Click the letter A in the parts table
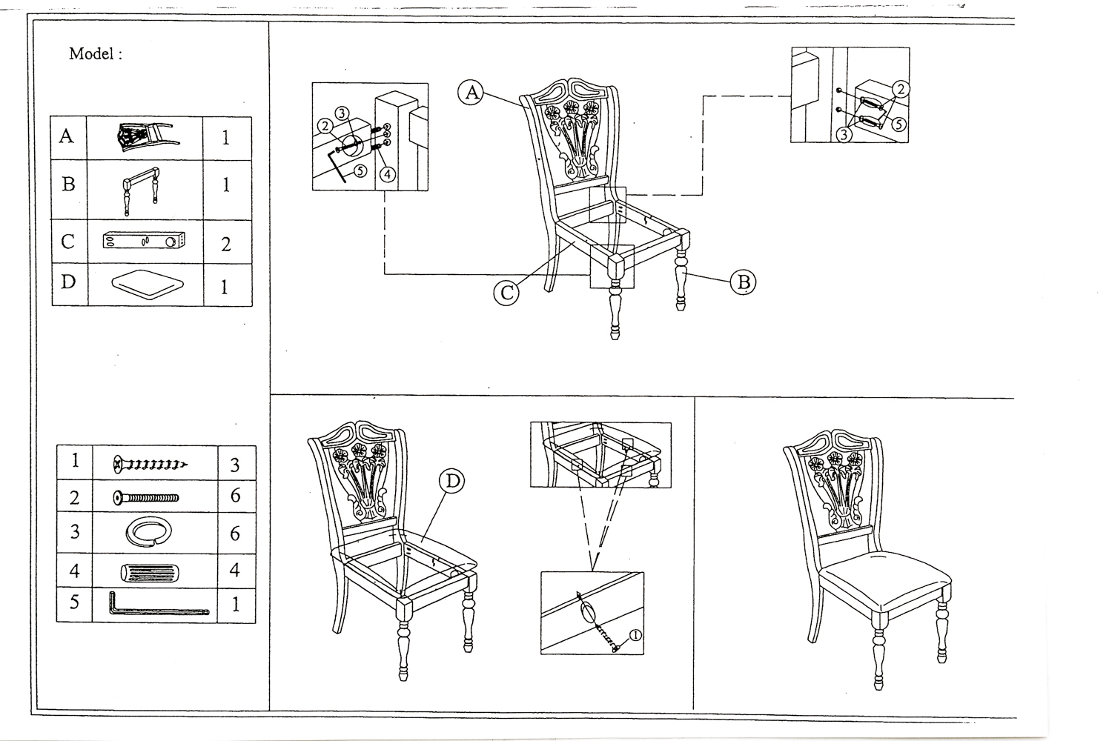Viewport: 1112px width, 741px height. (67, 136)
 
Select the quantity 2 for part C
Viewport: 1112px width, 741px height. (226, 244)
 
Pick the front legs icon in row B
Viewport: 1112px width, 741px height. (141, 190)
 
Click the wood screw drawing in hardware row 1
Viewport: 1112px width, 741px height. (150, 465)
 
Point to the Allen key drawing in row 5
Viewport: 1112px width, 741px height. (157, 605)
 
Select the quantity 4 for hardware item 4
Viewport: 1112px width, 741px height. (236, 571)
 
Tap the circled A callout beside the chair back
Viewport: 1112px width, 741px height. (470, 93)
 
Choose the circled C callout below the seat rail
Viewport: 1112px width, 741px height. (506, 293)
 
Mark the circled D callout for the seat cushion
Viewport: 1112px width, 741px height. (451, 482)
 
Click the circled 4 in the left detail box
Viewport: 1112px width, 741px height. (388, 175)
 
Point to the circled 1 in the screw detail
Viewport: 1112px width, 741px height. (635, 634)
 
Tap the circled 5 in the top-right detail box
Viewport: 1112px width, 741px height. (899, 124)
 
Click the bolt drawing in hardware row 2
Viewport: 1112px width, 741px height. (146, 497)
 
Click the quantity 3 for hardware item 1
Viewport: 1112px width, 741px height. (235, 465)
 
